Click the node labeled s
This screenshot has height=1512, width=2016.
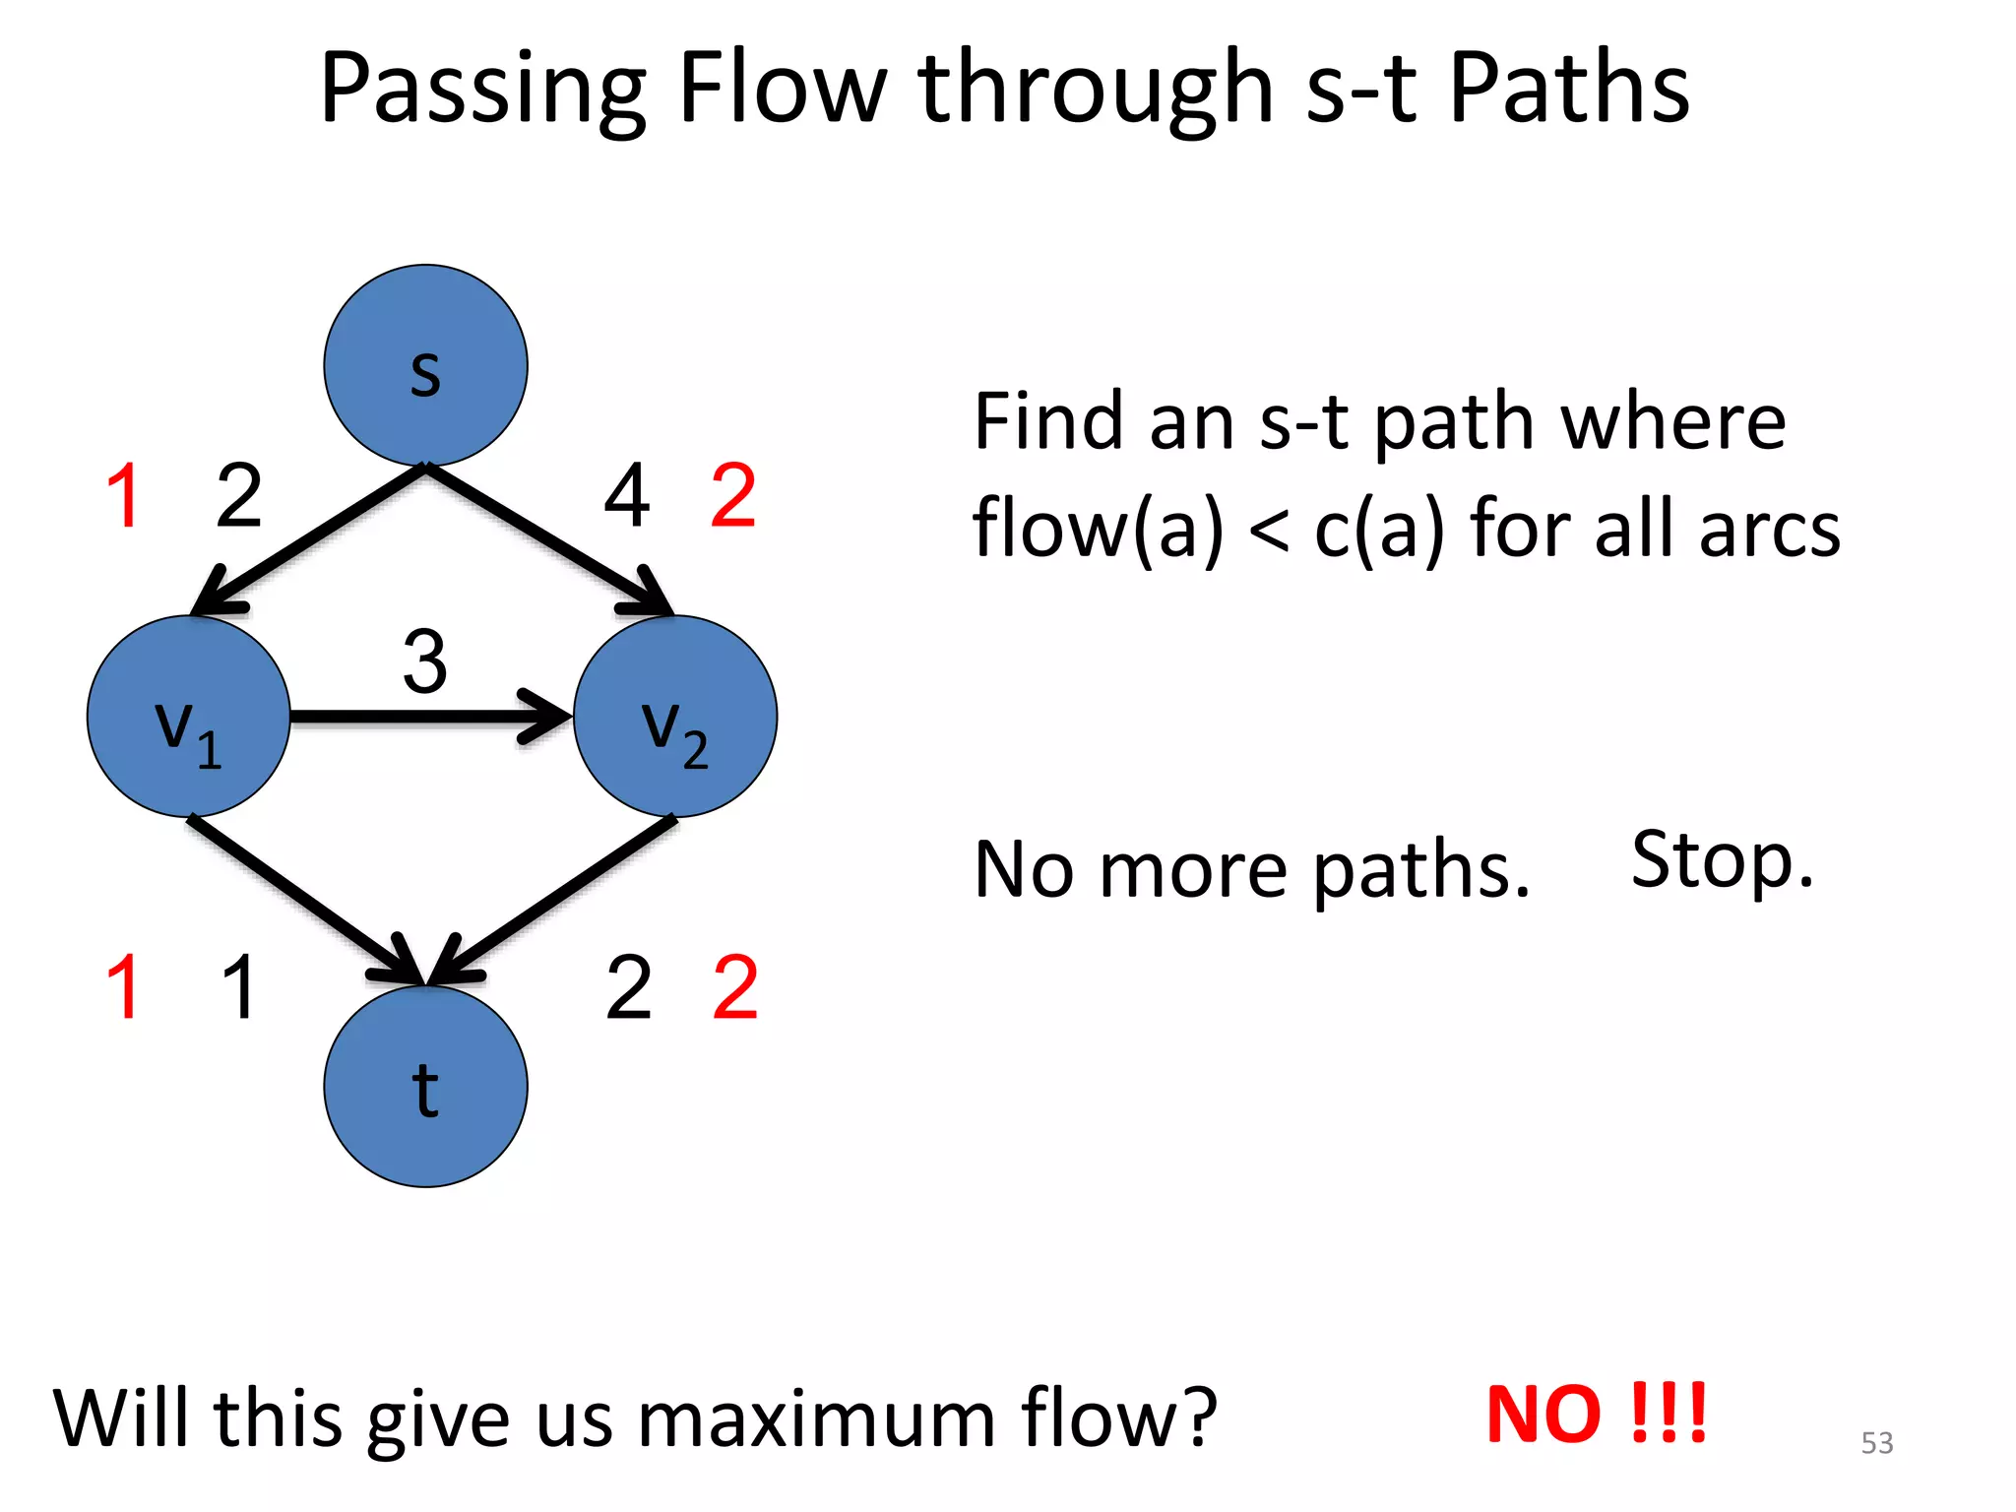(425, 365)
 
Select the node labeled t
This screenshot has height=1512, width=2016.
(425, 1087)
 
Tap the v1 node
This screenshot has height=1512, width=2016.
(189, 717)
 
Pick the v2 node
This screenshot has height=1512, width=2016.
(675, 717)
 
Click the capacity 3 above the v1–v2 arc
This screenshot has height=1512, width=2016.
(425, 662)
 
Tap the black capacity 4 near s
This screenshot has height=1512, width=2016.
(627, 496)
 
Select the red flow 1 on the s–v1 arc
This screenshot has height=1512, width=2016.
(124, 496)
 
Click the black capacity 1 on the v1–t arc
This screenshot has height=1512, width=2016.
(239, 987)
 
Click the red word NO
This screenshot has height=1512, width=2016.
(1543, 1416)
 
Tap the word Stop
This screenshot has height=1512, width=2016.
(1721, 860)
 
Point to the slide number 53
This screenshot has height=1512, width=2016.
(1876, 1443)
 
